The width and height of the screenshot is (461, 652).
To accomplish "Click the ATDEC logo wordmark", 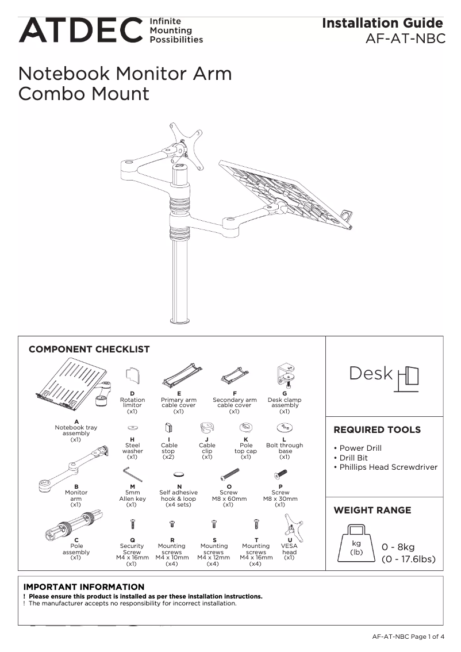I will point(80,30).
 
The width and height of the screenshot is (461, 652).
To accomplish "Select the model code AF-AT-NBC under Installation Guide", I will point(405,39).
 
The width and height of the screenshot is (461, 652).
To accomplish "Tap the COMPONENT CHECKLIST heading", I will point(89,349).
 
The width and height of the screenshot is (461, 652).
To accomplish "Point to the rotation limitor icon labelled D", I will point(132,376).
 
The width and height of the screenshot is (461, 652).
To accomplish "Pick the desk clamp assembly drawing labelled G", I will point(285,375).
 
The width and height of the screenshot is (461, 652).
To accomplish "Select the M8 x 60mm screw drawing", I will point(229,475).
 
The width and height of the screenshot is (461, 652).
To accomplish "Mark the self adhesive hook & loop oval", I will point(179,475).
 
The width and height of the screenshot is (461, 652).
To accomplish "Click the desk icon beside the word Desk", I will point(408,378).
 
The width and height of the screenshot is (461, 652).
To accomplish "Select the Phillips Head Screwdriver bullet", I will point(388,467).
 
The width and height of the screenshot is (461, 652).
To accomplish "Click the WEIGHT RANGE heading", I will point(372,510).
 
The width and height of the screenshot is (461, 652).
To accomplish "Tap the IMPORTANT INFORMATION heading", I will point(84,586).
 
